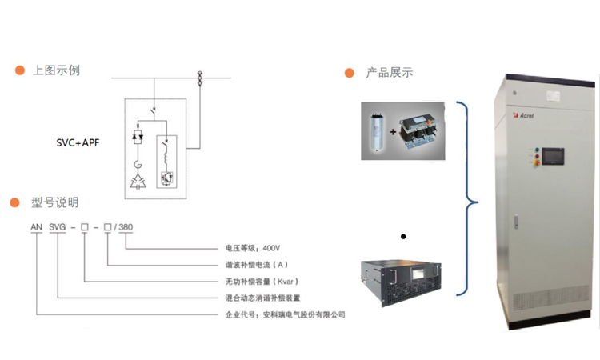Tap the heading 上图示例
coord(55,70)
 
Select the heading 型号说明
coord(55,203)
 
